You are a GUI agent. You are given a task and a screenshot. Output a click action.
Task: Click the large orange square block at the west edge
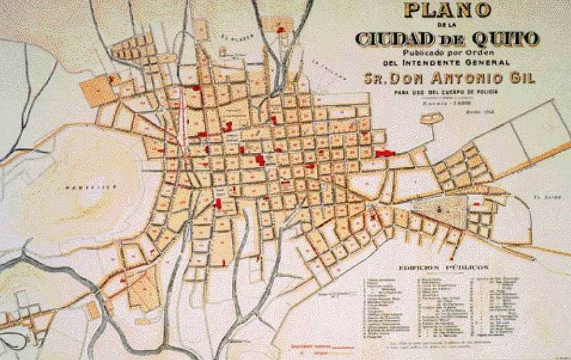[x=98, y=91]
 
